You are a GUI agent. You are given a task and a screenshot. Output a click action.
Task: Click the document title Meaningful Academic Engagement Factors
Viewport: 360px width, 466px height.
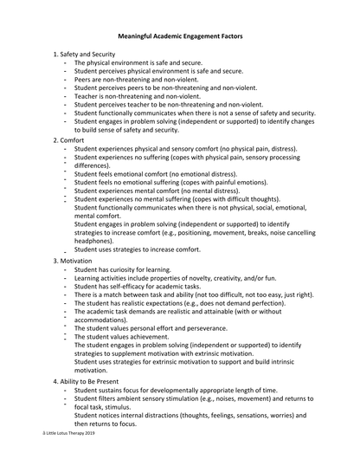(x=180, y=37)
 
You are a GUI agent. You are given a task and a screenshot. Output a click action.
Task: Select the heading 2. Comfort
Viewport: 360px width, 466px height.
(x=68, y=139)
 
